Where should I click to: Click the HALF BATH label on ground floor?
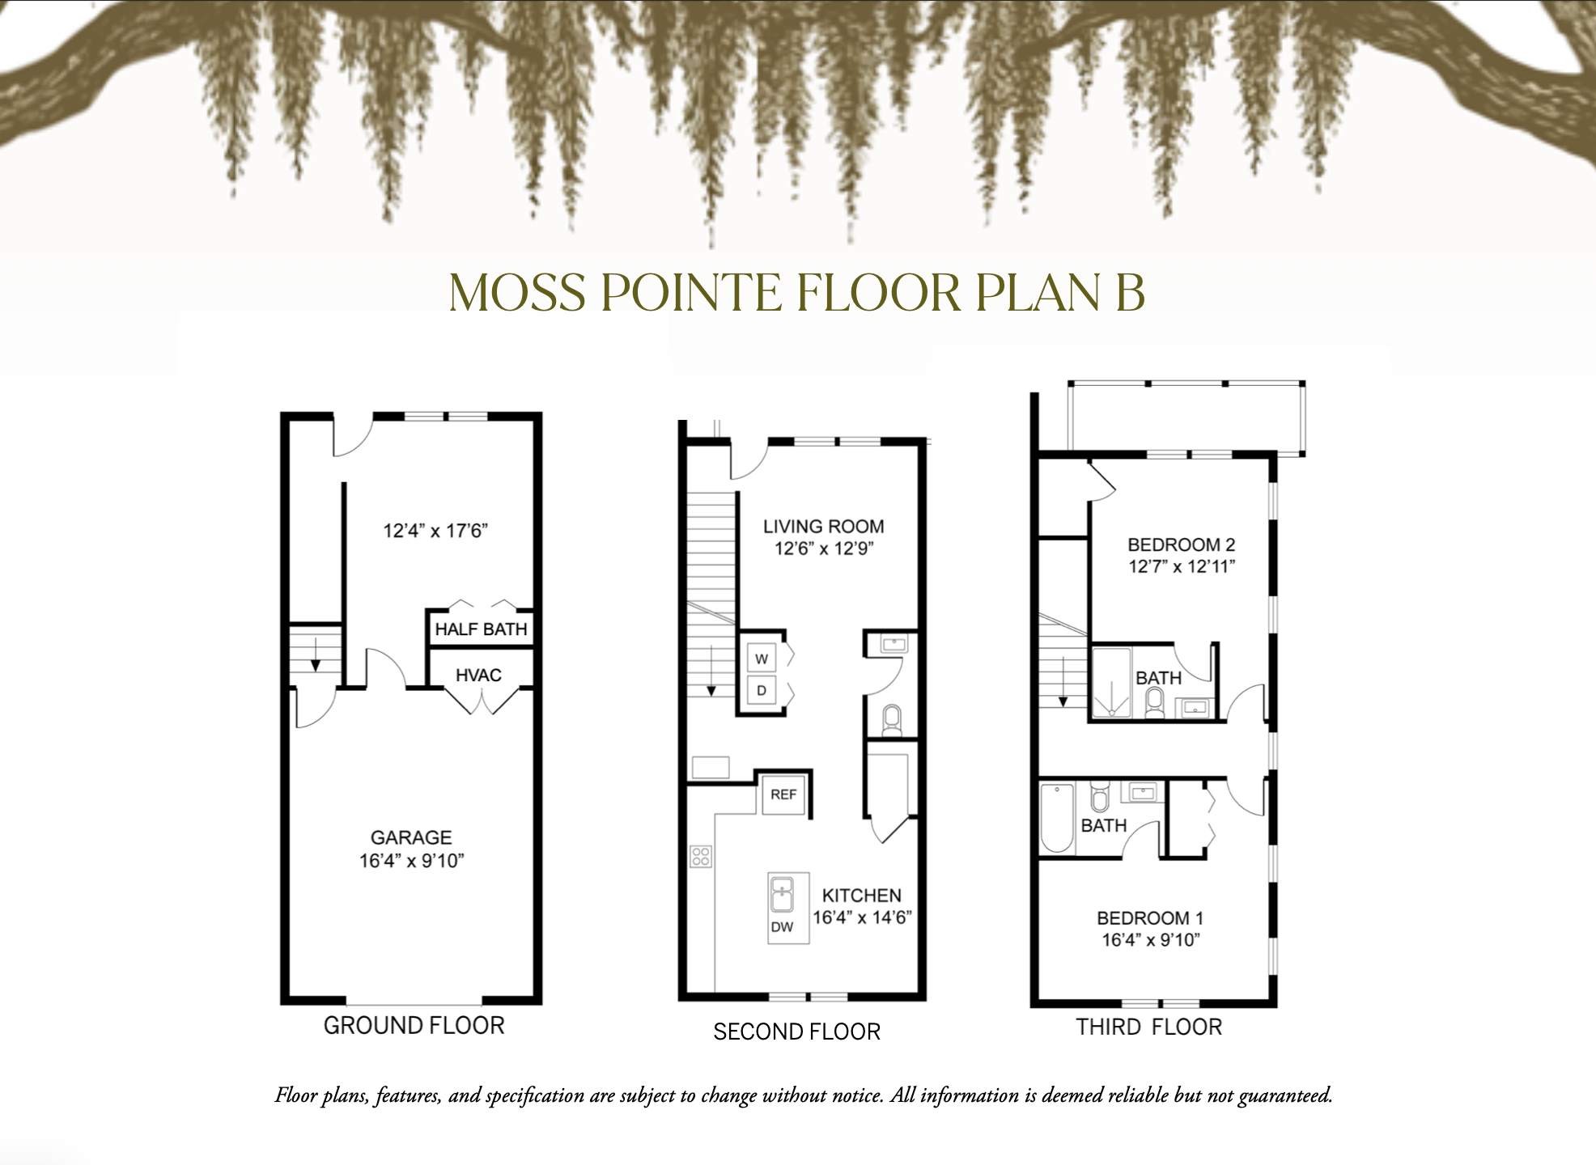481,629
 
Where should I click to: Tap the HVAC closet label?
478,675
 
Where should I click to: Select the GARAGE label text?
411,837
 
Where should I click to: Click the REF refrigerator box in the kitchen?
783,794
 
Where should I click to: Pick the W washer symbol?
762,659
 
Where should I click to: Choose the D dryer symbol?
762,691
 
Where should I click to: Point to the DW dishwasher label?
782,927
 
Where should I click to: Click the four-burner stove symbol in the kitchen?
701,856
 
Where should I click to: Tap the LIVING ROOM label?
823,527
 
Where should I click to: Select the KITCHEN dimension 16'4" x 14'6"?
862,917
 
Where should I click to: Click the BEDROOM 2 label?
1181,544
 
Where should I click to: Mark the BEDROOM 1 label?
1149,918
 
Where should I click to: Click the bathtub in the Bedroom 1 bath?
1057,818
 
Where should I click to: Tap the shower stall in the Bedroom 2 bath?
1111,683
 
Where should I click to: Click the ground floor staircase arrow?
316,655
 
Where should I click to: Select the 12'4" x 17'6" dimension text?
435,531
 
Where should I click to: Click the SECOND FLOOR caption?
796,1032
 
